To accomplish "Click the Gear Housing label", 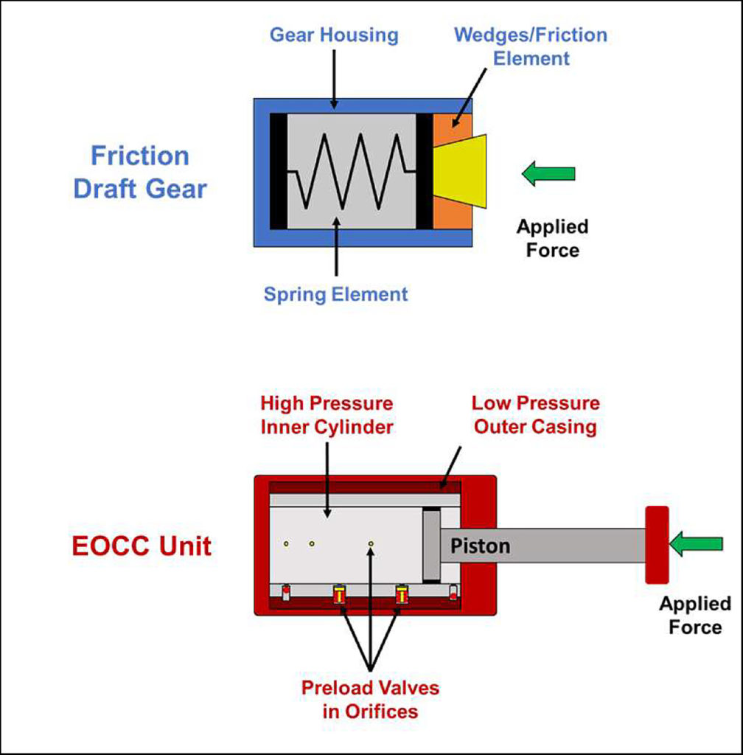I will [x=333, y=35].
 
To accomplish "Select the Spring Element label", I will [x=335, y=294].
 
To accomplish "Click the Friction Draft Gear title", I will [x=140, y=173].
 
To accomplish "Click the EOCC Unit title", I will [x=142, y=546].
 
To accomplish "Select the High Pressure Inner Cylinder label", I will [x=327, y=416].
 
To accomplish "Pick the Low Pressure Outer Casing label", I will [x=535, y=416].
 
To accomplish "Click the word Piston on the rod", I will [x=480, y=546].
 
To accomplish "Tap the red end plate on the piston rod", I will [x=656, y=544].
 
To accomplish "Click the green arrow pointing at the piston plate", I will [x=696, y=544].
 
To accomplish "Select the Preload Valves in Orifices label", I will [x=369, y=700].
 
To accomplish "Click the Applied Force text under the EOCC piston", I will [x=694, y=616].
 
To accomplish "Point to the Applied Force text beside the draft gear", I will [x=552, y=238].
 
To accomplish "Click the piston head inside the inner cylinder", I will [x=430, y=544].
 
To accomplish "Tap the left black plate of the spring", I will [x=278, y=171].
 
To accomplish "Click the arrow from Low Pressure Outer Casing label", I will [x=450, y=466].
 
